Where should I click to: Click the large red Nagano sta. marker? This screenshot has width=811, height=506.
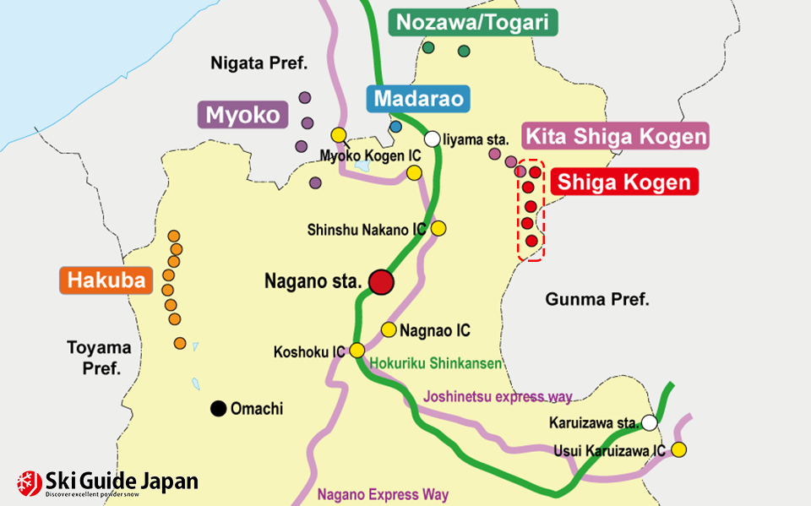[382, 282]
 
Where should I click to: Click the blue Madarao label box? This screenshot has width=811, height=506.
[418, 99]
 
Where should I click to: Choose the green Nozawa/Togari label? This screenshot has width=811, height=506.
[473, 23]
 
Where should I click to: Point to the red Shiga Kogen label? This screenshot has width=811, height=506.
[624, 182]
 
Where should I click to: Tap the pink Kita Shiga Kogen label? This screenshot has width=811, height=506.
[615, 136]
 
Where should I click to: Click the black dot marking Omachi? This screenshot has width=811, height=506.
[218, 409]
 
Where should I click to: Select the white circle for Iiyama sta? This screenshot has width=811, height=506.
[433, 139]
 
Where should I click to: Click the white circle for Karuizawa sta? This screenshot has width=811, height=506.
[649, 422]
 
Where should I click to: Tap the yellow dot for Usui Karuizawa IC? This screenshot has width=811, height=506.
[679, 450]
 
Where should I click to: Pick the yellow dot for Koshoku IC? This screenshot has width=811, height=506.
[357, 350]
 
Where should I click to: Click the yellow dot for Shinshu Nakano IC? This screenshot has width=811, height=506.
[438, 228]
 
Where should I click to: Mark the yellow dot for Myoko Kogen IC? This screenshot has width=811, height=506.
[339, 135]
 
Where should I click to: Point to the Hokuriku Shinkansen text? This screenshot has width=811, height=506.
[436, 364]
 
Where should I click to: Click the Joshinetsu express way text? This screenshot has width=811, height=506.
[498, 396]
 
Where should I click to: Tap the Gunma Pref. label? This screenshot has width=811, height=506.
[596, 299]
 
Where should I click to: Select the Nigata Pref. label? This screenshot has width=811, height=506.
[259, 63]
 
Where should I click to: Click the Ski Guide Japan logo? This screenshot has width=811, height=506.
[108, 483]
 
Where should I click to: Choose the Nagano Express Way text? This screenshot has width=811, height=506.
[383, 495]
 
